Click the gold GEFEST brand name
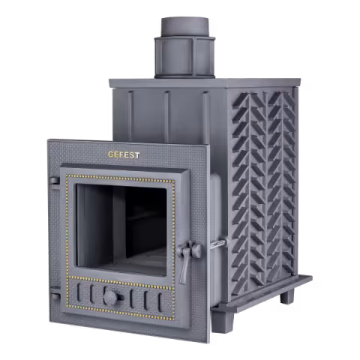click(124, 154)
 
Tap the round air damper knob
click(111, 298)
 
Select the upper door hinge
click(55, 181)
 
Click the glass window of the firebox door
click(121, 229)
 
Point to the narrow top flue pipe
click(184, 27)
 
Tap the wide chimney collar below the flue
click(184, 58)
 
